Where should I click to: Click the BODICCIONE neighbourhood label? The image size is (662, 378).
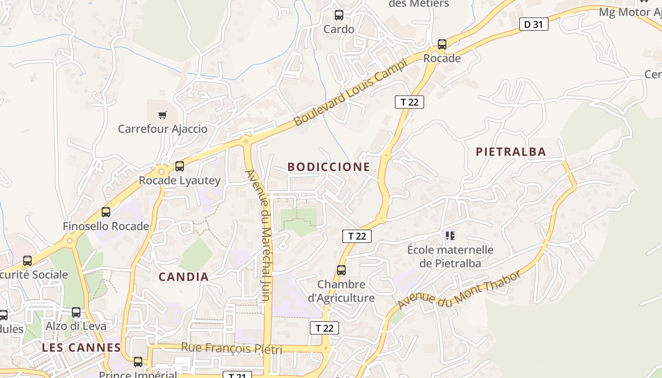coord(329,167)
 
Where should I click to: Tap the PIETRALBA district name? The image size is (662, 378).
coord(511,152)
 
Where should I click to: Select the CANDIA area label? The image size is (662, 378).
coord(183,277)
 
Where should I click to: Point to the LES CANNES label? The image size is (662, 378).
coord(81,348)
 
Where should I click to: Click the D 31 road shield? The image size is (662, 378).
coord(533,25)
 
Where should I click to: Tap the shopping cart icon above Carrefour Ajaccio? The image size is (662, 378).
coord(163,115)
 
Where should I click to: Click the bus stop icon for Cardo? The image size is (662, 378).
coord(339,15)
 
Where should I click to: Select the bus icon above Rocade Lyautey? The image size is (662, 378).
coord(180,166)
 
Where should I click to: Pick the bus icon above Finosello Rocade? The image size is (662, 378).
coord(106,212)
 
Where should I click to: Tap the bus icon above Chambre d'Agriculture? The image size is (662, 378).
coord(341,270)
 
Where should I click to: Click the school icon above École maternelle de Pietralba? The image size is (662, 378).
coord(450,235)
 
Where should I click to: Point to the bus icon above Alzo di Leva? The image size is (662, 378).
coord(76,312)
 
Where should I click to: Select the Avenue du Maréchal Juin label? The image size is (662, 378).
coord(259,235)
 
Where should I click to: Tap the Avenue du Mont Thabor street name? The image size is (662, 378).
coord(459,289)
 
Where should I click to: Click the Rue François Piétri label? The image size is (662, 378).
coord(231,349)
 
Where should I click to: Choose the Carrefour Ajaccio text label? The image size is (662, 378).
coord(162,129)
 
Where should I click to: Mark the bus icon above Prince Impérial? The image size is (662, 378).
coord(138,362)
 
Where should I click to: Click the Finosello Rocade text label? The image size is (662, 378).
coord(106,226)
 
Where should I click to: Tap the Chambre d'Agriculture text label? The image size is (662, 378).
coord(341,291)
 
